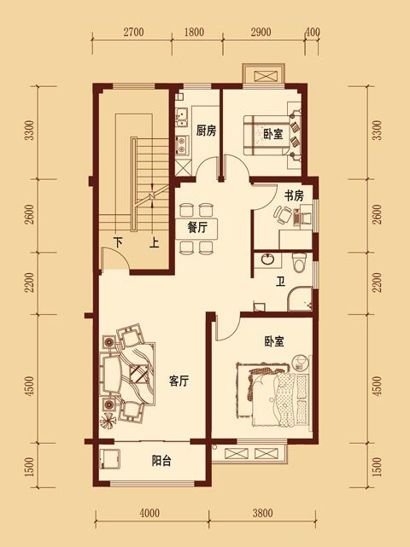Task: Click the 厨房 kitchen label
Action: click(x=206, y=131)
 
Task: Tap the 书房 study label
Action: click(x=293, y=196)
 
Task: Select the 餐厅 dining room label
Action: click(x=197, y=228)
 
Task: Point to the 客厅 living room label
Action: click(x=179, y=381)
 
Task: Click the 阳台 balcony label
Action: click(x=161, y=461)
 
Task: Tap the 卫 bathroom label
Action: click(x=280, y=281)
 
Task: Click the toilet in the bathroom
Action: click(x=299, y=263)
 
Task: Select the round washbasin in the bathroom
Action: click(x=268, y=259)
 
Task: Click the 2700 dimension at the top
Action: click(x=133, y=32)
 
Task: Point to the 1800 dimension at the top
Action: click(x=194, y=32)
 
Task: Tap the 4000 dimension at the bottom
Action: click(x=149, y=513)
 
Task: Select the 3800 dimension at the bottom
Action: click(x=262, y=513)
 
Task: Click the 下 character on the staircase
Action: click(x=119, y=242)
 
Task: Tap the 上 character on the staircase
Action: click(x=154, y=242)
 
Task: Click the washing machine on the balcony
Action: click(x=110, y=458)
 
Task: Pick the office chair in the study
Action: click(x=283, y=215)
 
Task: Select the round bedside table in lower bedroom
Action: click(x=301, y=363)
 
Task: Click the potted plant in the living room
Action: click(x=108, y=421)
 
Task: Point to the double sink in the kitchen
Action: click(x=182, y=118)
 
